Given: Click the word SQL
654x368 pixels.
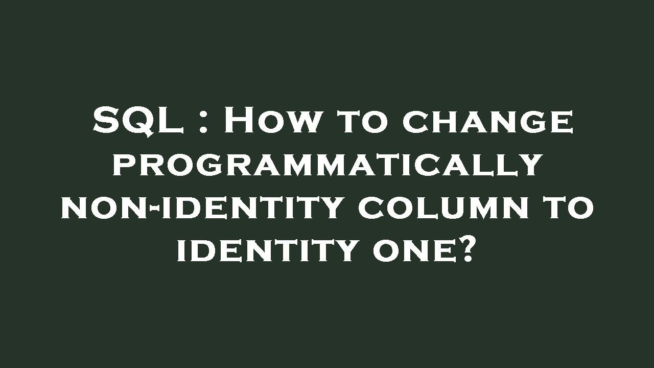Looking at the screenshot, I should pyautogui.click(x=138, y=121).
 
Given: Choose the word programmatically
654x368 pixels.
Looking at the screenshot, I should pyautogui.click(x=327, y=165).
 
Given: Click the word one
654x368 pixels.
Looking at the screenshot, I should pyautogui.click(x=411, y=251).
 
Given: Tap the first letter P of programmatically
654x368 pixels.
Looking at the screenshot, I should pyautogui.click(x=123, y=165).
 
